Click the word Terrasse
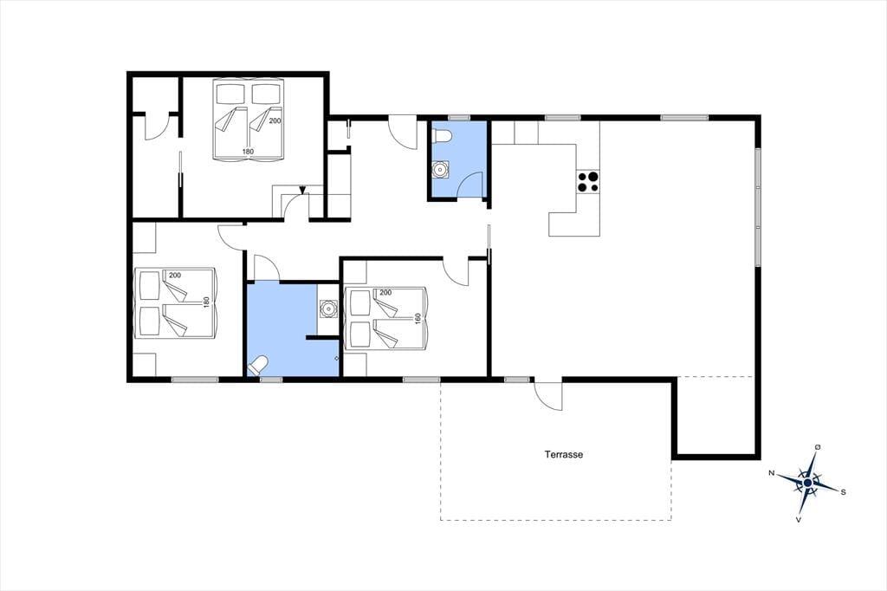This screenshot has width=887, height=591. tap(563, 454)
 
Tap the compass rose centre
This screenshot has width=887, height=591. tap(808, 483)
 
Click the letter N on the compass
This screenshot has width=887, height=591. tap(771, 472)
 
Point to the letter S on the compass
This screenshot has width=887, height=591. tap(843, 492)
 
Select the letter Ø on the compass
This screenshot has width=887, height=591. tap(818, 447)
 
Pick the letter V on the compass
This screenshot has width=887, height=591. tap(798, 519)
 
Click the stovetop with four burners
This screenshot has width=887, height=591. tap(588, 182)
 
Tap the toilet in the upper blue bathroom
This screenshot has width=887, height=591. tap(441, 136)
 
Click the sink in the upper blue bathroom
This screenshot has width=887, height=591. tap(440, 169)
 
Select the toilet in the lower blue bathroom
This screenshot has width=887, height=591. tap(258, 365)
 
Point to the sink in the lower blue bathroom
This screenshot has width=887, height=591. tap(327, 309)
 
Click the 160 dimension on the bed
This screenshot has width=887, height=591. tap(418, 319)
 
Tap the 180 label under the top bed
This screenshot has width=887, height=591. tap(248, 151)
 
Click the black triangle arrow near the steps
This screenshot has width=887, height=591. tap(303, 190)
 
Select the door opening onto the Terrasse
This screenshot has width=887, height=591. tap(548, 395)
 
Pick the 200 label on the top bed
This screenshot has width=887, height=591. tap(275, 120)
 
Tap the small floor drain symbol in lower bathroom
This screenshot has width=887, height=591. tap(336, 359)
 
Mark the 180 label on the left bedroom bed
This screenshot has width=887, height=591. tap(206, 302)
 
